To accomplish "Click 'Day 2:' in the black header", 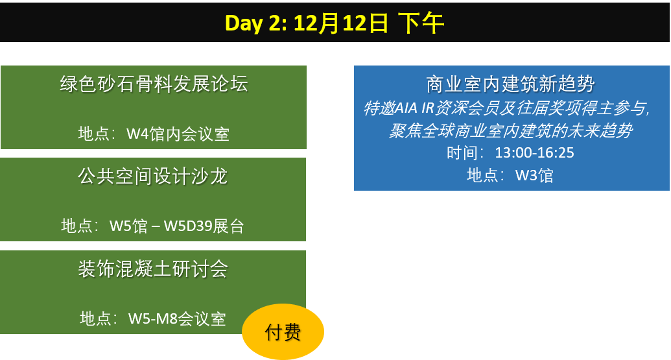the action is [x=256, y=23].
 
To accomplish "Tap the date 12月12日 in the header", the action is [x=340, y=23].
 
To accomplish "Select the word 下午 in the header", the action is [x=421, y=23].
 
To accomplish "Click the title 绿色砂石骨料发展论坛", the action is [x=154, y=84].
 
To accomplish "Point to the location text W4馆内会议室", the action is [x=178, y=134].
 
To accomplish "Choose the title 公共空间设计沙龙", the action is [x=153, y=176].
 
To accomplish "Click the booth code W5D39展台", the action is [x=204, y=226].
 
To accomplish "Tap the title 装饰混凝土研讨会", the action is [x=153, y=269].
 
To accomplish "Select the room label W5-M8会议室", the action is [x=177, y=319].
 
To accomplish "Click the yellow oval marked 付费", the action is [x=283, y=331].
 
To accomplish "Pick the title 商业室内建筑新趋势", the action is [x=510, y=84].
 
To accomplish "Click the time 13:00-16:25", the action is [x=534, y=153].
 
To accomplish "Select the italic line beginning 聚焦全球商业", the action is [x=510, y=130].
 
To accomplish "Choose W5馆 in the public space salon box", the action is [x=128, y=226].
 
